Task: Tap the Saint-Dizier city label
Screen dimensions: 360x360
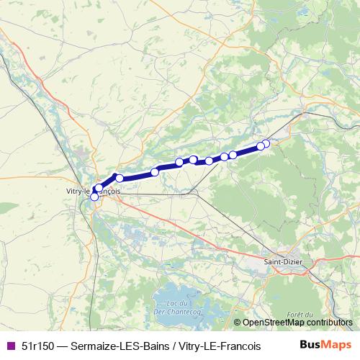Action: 283,263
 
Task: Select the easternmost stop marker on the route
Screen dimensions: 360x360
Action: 266,143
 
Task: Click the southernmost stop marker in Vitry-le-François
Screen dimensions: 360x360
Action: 94,197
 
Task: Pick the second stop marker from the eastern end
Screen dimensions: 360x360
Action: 261,146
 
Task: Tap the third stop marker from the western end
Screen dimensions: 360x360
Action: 120,178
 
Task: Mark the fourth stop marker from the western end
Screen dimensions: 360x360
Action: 155,171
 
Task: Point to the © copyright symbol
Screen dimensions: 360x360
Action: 238,323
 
